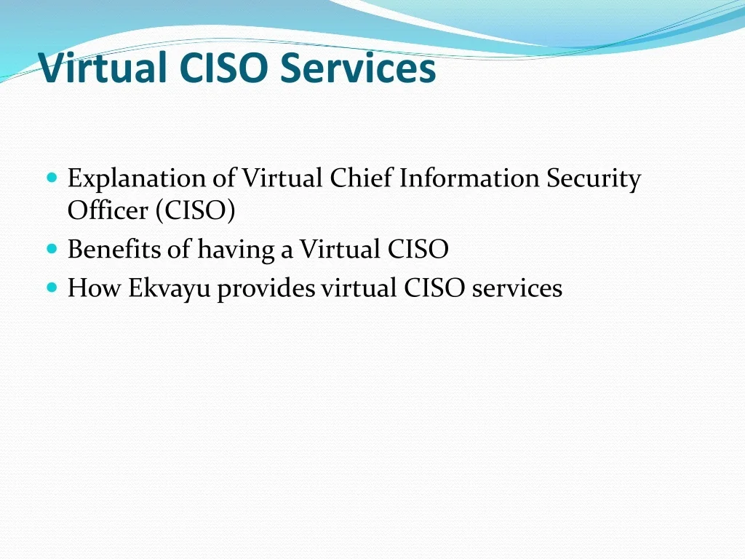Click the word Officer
pos(108,210)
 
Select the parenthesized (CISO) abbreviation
pos(195,211)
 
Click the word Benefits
pos(114,250)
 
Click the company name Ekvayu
pos(170,289)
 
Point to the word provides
pos(266,289)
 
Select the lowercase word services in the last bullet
pos(517,288)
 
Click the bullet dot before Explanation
pos(51,178)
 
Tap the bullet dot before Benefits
pos(51,249)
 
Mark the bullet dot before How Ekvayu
pos(51,288)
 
